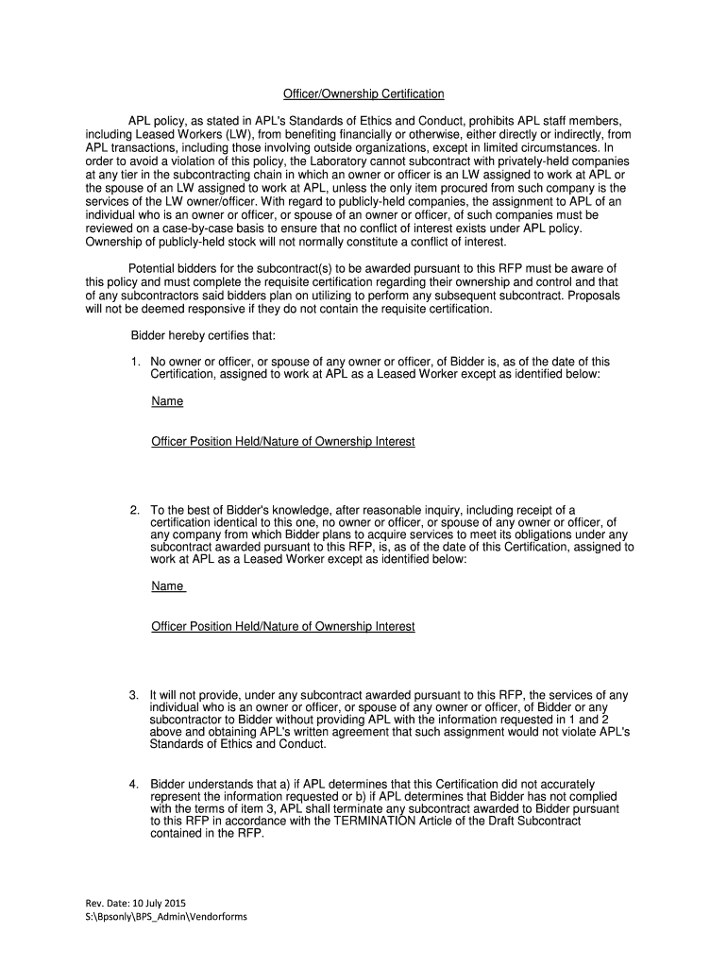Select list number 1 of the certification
[x=136, y=362]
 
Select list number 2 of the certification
[x=136, y=510]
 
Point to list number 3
[x=136, y=695]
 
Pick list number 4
[x=136, y=784]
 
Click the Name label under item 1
[x=167, y=401]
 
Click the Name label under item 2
[x=167, y=586]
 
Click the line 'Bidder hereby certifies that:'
[x=202, y=335]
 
